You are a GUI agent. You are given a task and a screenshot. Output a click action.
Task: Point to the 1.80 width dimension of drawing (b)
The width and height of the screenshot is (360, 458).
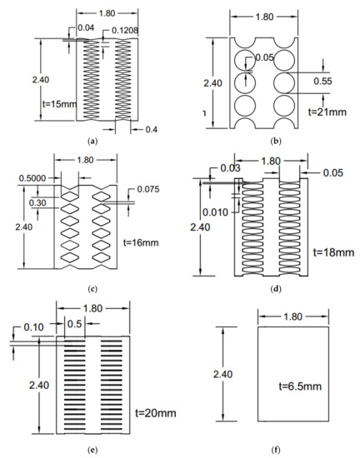[266, 15]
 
